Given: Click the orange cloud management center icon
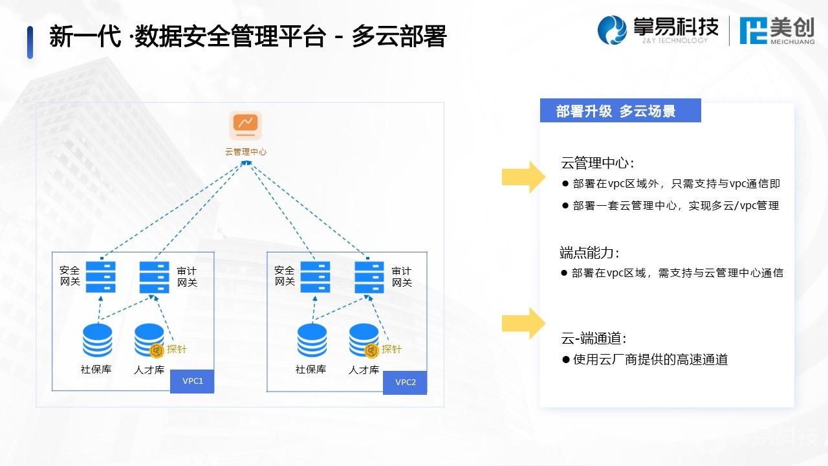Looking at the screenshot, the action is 245,126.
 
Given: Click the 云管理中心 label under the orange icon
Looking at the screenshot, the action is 246,151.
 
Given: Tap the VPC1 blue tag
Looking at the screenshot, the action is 192,381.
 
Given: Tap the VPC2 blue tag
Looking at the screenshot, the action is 405,383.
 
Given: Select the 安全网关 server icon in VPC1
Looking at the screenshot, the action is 100,277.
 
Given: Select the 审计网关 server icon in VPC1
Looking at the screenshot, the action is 154,277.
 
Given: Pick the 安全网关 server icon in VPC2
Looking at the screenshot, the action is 315,277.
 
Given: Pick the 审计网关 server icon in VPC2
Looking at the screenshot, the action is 369,277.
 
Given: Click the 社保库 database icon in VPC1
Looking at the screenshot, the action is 98,340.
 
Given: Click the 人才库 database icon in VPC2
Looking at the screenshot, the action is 364,340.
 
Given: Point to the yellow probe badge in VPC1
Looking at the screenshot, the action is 157,350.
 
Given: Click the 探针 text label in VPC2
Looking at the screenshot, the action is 391,349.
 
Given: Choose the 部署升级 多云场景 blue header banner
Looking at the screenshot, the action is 620,110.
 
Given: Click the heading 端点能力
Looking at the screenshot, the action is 589,252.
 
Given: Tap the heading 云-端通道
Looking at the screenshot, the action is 594,338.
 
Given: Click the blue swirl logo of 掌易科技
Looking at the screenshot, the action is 612,30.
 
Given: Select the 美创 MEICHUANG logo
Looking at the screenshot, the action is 777,31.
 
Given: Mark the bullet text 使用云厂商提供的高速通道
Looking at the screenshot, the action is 651,359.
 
